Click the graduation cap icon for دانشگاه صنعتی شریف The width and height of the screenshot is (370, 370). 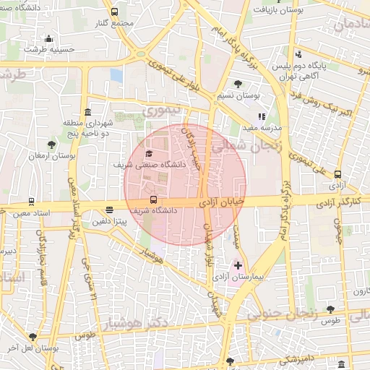(150, 153)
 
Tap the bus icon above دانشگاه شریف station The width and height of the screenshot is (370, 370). (152, 199)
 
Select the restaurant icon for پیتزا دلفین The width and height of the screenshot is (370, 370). (109, 210)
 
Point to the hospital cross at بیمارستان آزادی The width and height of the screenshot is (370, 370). (238, 267)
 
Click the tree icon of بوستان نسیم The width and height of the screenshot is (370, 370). (238, 84)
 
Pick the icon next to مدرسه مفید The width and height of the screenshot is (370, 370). (262, 116)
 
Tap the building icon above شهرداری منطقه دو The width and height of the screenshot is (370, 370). (87, 112)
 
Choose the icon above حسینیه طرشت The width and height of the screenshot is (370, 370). (48, 39)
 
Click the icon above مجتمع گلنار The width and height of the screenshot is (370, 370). (115, 12)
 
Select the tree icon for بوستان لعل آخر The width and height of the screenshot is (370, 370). (33, 337)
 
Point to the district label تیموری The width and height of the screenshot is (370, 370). (158, 112)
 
